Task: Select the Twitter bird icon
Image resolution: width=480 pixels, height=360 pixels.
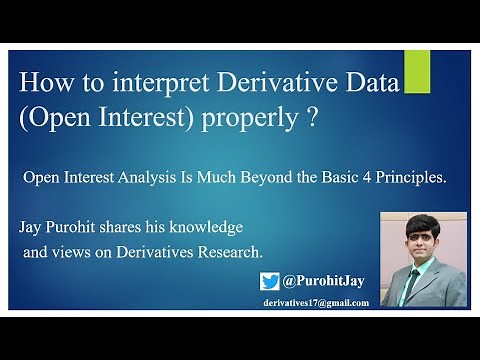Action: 271,281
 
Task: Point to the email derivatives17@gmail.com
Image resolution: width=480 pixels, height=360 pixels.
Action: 316,302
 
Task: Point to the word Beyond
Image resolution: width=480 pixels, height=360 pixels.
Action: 218,178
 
